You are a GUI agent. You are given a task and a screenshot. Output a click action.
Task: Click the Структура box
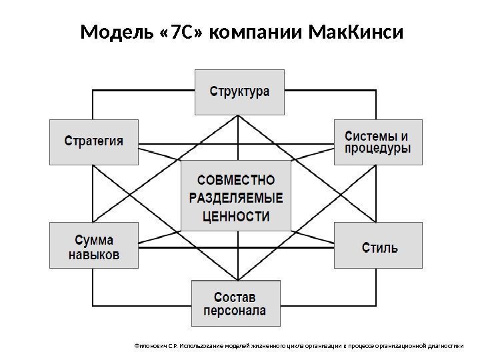click(240, 91)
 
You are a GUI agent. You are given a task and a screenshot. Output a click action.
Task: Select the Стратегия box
click(94, 141)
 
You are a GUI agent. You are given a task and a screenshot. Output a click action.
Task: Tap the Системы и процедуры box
click(377, 141)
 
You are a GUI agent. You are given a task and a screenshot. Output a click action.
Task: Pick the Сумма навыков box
click(94, 246)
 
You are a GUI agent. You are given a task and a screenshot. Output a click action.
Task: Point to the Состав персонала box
click(235, 303)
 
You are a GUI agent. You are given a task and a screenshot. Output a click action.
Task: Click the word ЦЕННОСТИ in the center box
click(236, 216)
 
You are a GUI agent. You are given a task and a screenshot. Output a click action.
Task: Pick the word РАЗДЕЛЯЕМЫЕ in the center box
click(236, 197)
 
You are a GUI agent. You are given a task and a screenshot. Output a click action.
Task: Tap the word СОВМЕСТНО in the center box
click(236, 179)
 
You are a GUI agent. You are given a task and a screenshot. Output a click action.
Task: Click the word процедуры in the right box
click(377, 149)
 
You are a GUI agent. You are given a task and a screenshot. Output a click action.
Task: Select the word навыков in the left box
click(94, 255)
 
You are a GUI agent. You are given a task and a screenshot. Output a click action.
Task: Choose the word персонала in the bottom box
click(235, 311)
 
